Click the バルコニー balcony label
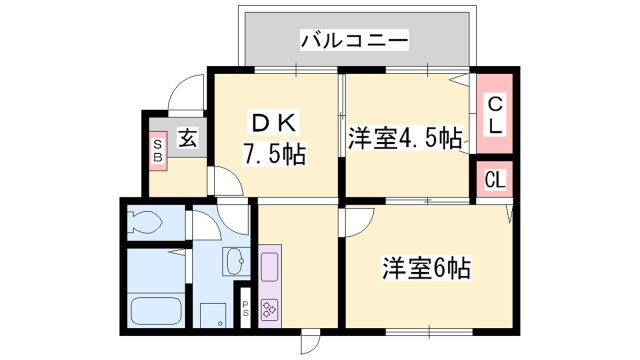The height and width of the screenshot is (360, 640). pos(354,41)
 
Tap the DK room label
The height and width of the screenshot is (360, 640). pos(274,122)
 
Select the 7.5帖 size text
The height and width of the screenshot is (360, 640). pos(274,154)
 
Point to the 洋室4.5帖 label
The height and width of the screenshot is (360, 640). pos(405,139)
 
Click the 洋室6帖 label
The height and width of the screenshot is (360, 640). pos(426,268)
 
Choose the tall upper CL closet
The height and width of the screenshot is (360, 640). pos(495,114)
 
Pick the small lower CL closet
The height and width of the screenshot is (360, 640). pos(495,180)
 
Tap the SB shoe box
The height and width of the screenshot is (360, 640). pos(158,151)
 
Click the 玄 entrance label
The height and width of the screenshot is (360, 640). pos(187,138)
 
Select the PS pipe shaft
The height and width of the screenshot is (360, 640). pos(245,308)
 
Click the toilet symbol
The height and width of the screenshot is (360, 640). pos(145,223)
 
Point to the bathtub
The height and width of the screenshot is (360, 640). pos(156,311)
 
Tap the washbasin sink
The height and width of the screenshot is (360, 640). pos(236,261)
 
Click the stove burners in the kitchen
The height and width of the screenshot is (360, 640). pos(269,309)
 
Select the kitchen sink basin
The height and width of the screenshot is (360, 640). pos(269,267)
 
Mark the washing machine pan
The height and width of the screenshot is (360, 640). pos(213,315)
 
